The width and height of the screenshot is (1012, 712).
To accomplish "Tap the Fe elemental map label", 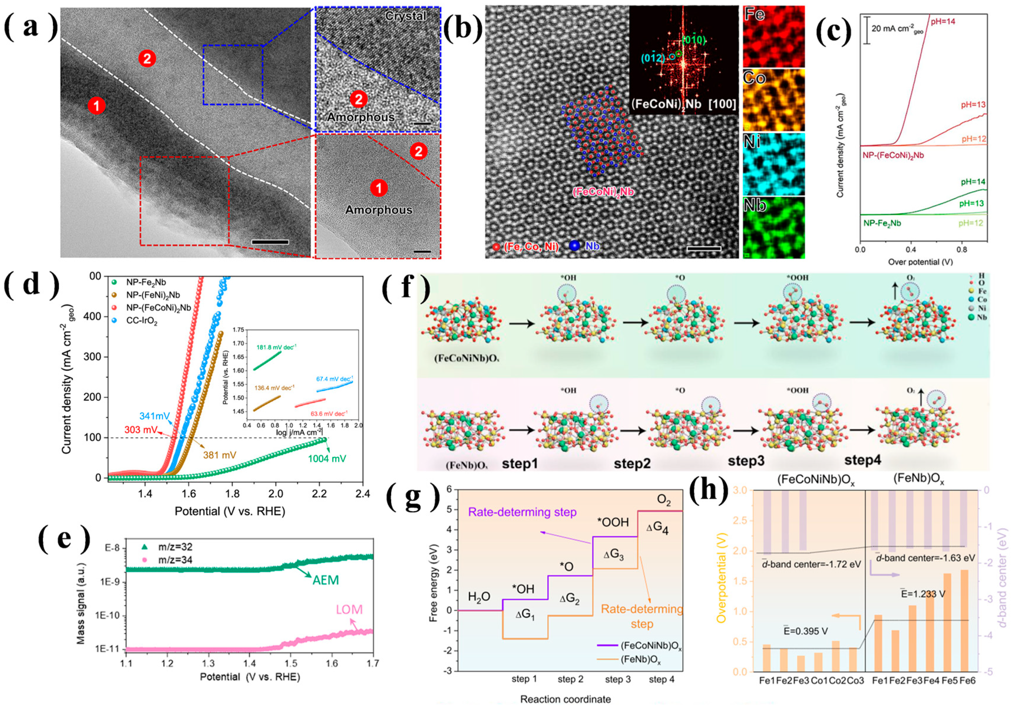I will pos(754,14).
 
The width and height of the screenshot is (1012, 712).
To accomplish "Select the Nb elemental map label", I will pos(755,205).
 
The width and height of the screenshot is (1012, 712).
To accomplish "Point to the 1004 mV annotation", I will pos(327,458).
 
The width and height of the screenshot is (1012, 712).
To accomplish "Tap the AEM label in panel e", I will pos(326,580).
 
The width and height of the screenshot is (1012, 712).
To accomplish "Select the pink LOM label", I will pos(349,610).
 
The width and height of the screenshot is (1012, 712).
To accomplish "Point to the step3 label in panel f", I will pos(746,461).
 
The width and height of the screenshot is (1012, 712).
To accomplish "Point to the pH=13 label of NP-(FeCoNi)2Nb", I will pos(973,105).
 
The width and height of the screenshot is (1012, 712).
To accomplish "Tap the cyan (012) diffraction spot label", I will pos(653,57).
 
